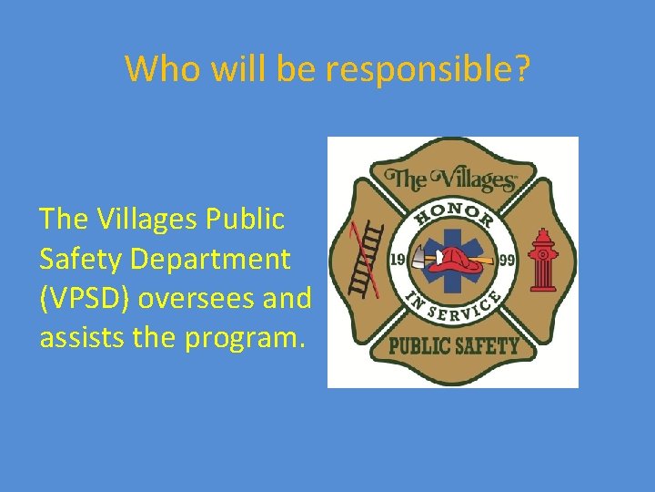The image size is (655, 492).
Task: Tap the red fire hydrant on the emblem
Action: pos(543,259)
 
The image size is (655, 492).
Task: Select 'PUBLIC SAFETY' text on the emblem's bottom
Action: pos(453,345)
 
